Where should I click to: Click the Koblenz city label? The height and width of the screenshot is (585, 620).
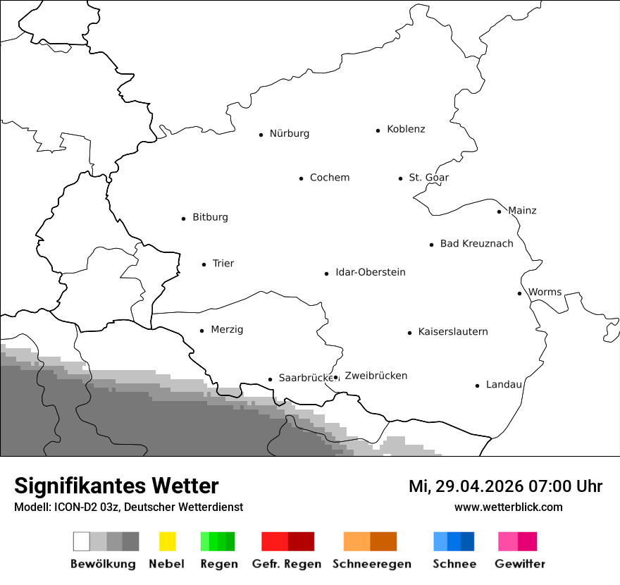[406, 130]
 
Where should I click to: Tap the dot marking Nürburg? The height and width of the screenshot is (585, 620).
[261, 135]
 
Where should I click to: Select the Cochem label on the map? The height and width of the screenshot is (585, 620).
[329, 178]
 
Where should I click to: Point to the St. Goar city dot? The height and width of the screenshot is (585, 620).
[400, 178]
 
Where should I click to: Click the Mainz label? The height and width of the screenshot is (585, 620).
[522, 211]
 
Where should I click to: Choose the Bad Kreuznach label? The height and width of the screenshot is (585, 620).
[476, 244]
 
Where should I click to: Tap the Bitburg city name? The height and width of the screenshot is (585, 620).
[210, 218]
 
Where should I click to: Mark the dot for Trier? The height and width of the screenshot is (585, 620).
[204, 264]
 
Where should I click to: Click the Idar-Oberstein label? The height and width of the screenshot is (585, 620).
[370, 273]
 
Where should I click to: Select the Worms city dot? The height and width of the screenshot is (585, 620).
[519, 293]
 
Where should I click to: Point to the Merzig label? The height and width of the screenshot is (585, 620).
[227, 330]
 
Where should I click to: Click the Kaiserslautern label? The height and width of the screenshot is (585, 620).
[452, 332]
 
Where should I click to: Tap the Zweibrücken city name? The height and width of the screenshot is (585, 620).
[376, 376]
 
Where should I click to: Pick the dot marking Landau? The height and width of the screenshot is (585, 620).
[477, 386]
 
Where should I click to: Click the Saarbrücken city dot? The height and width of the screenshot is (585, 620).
[270, 379]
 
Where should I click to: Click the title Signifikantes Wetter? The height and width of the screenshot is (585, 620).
[116, 486]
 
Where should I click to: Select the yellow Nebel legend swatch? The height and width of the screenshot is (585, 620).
[167, 541]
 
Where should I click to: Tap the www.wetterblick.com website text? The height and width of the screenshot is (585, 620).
[508, 507]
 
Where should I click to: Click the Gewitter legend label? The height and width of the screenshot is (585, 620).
[519, 564]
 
